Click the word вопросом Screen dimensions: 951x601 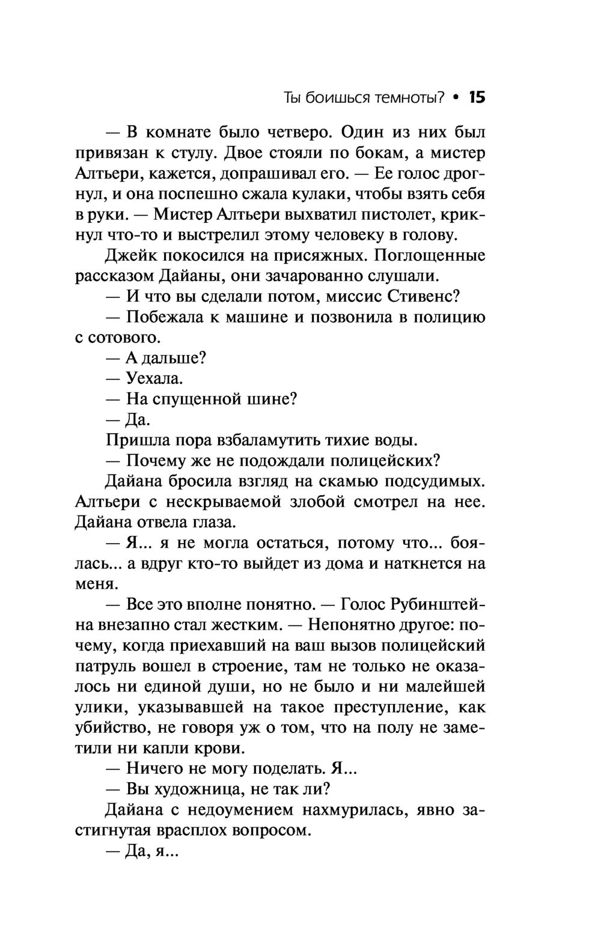[x=273, y=831]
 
